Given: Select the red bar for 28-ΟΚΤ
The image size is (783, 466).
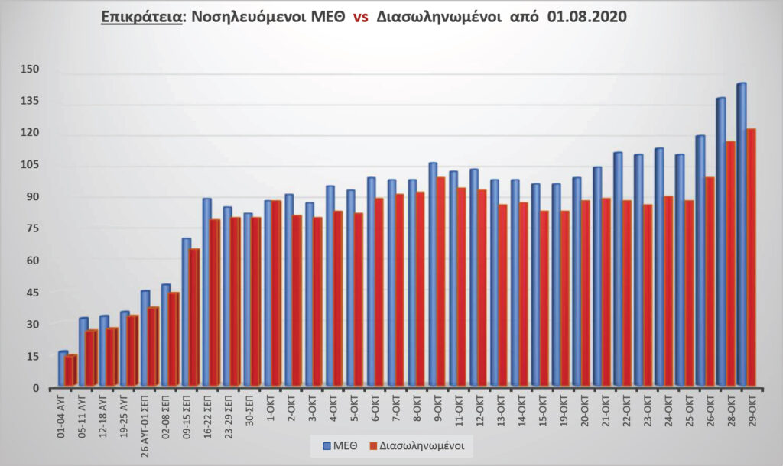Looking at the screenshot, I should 730,264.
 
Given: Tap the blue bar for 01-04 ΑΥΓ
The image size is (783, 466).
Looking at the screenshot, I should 63,369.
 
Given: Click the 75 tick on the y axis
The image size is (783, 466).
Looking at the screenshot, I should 31,228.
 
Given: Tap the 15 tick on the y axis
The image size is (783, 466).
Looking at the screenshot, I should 31,356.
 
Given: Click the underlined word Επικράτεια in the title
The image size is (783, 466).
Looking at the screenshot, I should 141,17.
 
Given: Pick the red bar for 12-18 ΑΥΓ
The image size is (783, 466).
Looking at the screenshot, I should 112,358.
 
